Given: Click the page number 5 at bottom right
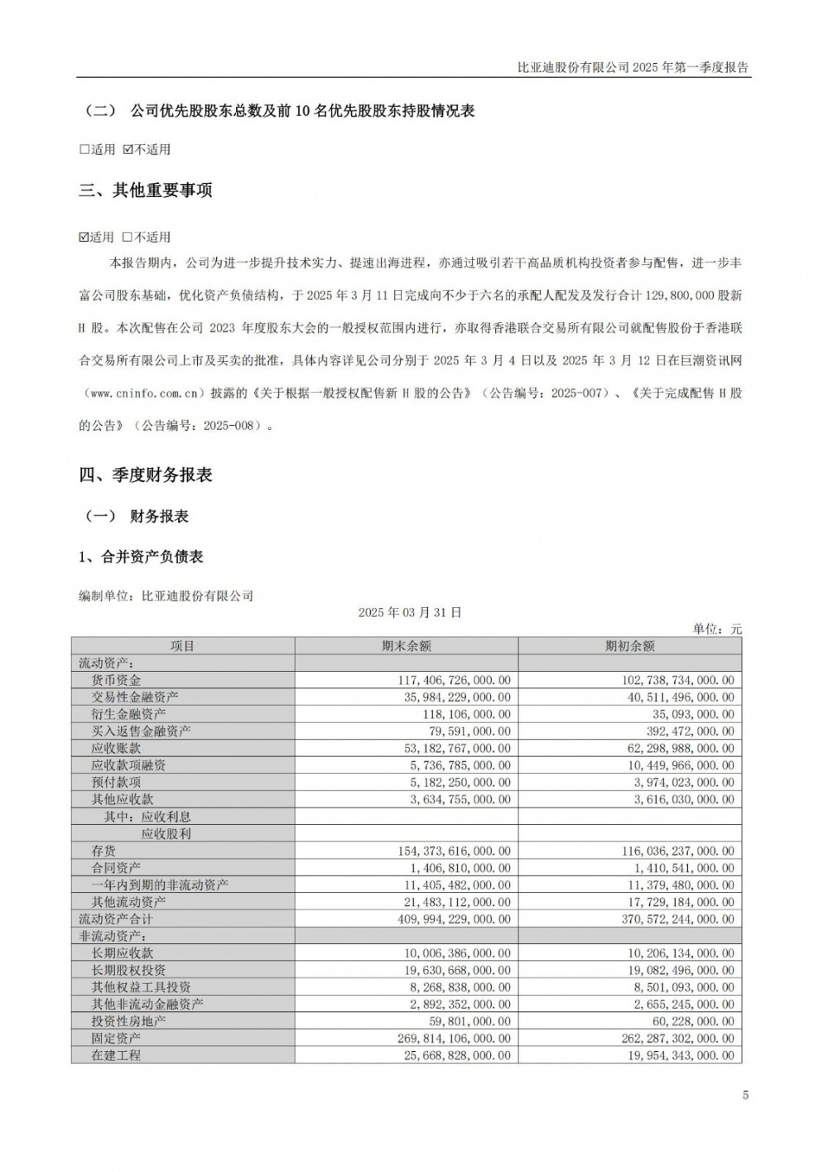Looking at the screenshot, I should (x=745, y=1095).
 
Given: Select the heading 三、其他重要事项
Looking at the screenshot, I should (x=146, y=191).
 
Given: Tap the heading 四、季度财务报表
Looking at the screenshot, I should (x=146, y=475).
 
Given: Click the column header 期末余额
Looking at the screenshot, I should (x=406, y=646).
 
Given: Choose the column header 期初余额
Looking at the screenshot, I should (x=629, y=646).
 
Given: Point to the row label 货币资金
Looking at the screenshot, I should (x=116, y=680).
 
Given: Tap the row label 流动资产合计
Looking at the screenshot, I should (x=116, y=919).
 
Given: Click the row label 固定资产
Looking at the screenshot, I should (x=116, y=1038).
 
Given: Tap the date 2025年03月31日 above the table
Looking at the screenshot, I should (x=410, y=613).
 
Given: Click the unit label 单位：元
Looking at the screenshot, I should (x=717, y=629).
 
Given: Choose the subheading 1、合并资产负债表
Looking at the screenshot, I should (x=141, y=557).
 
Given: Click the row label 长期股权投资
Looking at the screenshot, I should (x=128, y=970).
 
